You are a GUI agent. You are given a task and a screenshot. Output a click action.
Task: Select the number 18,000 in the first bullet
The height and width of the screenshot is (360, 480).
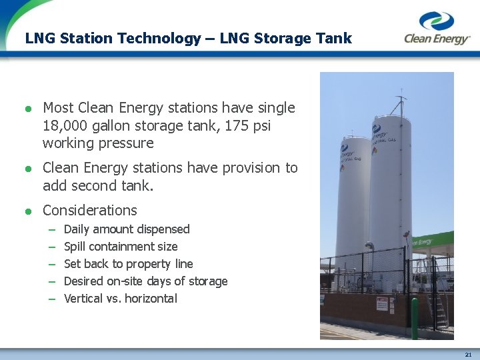69,125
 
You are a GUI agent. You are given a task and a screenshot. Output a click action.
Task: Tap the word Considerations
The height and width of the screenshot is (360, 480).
89,211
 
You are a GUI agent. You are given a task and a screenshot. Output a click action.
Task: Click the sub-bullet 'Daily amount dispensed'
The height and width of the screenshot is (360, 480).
127,229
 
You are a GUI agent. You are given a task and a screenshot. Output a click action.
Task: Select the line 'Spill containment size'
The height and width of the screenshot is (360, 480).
121,247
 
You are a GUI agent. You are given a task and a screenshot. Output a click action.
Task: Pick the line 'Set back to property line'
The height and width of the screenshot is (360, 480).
128,264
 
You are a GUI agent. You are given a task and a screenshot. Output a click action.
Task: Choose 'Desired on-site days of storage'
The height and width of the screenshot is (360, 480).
145,281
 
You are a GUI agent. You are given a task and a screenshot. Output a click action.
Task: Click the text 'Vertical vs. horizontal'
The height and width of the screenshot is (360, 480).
121,299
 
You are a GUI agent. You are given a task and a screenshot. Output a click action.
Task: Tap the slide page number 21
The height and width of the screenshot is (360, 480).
468,353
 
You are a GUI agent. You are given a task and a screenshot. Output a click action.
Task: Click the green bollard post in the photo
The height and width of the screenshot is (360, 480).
414,318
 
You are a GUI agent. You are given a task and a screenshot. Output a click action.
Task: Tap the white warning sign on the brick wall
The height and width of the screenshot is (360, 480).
382,304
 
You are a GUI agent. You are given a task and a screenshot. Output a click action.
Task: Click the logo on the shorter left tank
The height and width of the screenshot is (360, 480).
347,152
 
